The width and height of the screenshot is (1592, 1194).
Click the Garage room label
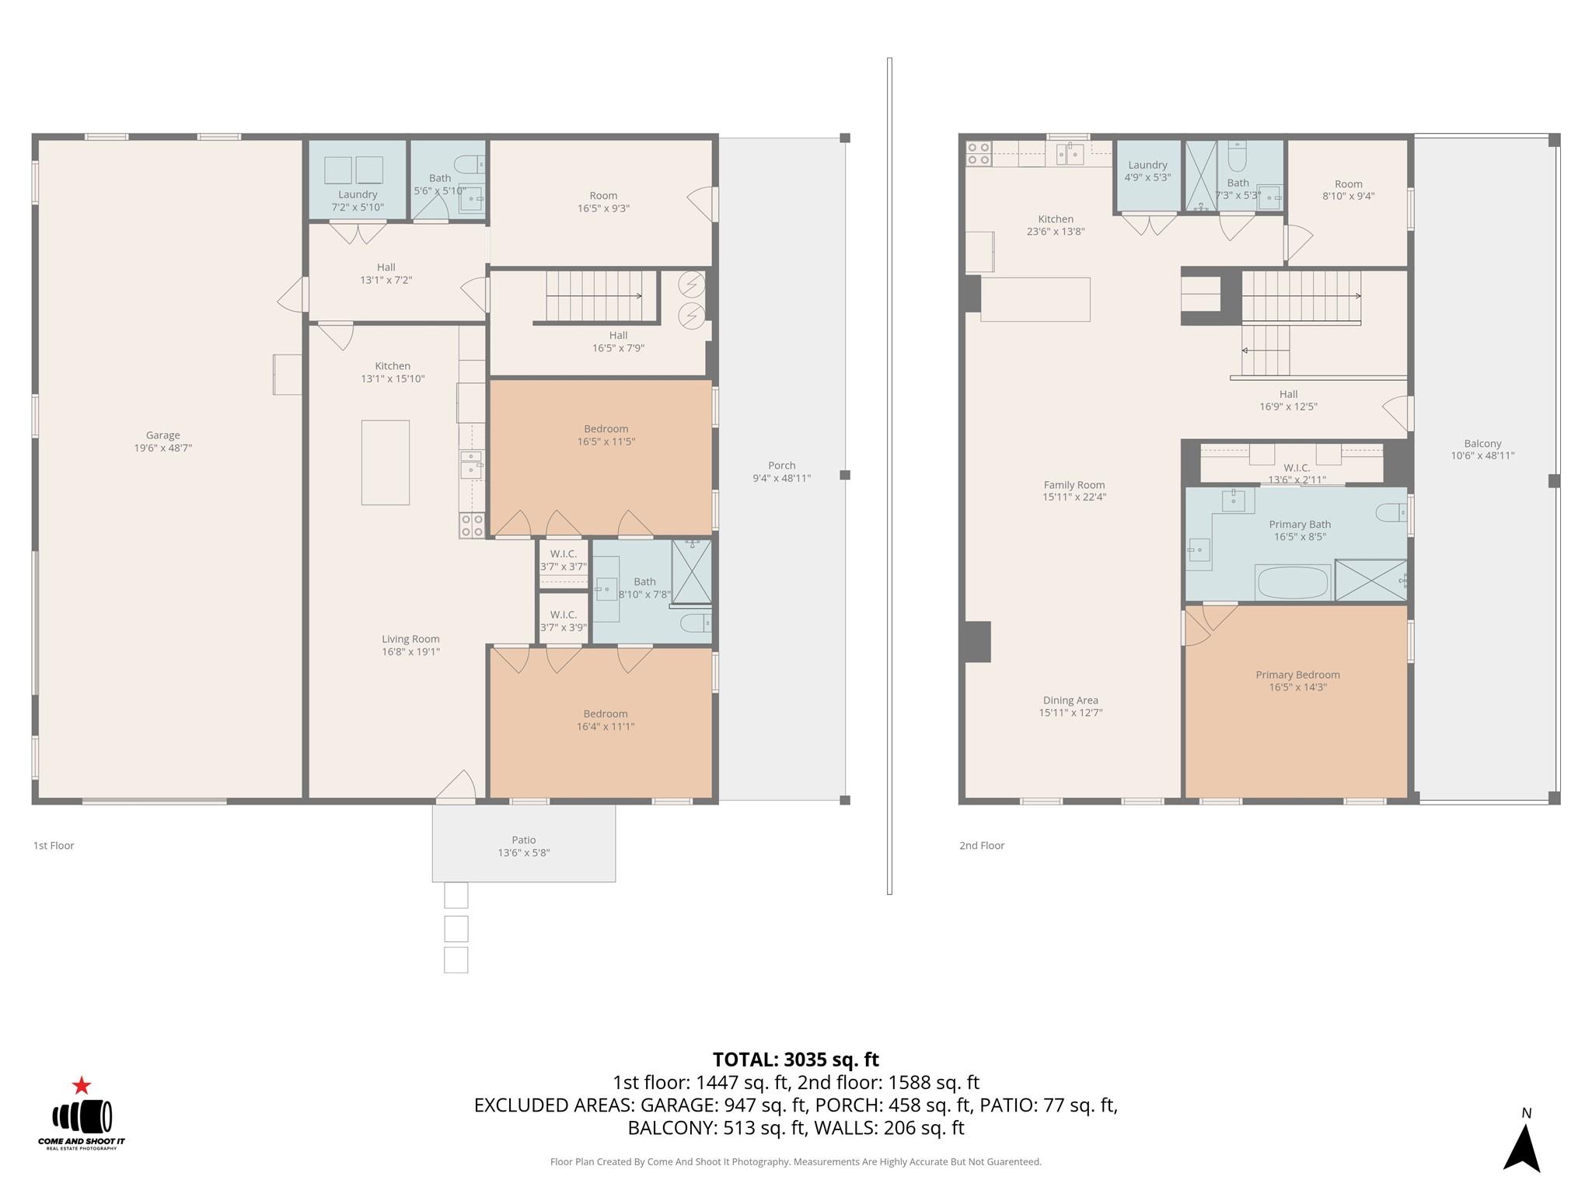[162, 435]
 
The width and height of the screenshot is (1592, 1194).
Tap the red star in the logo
[82, 1085]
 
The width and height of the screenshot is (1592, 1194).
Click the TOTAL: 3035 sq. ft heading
[795, 1060]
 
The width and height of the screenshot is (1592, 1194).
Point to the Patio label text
[523, 840]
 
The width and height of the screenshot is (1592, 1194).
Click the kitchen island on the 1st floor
[385, 463]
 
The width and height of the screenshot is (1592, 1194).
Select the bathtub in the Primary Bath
[1293, 582]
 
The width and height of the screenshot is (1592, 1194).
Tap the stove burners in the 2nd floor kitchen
[978, 153]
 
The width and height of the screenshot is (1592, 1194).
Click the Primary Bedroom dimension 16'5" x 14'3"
[1297, 687]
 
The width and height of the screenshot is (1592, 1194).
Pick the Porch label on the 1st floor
[781, 466]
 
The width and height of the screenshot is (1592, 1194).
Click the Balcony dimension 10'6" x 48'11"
[1482, 456]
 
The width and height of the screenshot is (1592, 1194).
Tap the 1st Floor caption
[54, 846]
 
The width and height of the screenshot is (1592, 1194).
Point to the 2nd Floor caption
[982, 846]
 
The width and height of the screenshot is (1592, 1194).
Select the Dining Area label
[1070, 700]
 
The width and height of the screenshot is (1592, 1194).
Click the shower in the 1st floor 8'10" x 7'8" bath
[691, 571]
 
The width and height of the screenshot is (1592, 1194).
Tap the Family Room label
[1074, 484]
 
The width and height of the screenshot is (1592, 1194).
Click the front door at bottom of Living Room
[456, 787]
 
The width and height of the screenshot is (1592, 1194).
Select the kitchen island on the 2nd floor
[1035, 299]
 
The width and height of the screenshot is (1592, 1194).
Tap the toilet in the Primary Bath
[1391, 512]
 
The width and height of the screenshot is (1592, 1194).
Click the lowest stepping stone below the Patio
[456, 960]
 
